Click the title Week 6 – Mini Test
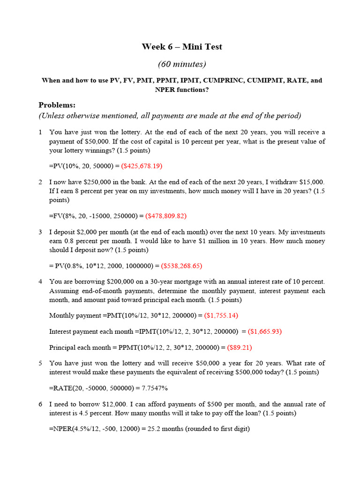[182, 46]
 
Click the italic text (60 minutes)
[182, 64]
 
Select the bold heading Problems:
[57, 105]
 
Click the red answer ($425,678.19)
[142, 166]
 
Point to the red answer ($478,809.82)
[166, 216]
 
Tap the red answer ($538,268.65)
[181, 265]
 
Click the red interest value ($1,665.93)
[265, 331]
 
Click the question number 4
[41, 281]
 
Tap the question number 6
[41, 404]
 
